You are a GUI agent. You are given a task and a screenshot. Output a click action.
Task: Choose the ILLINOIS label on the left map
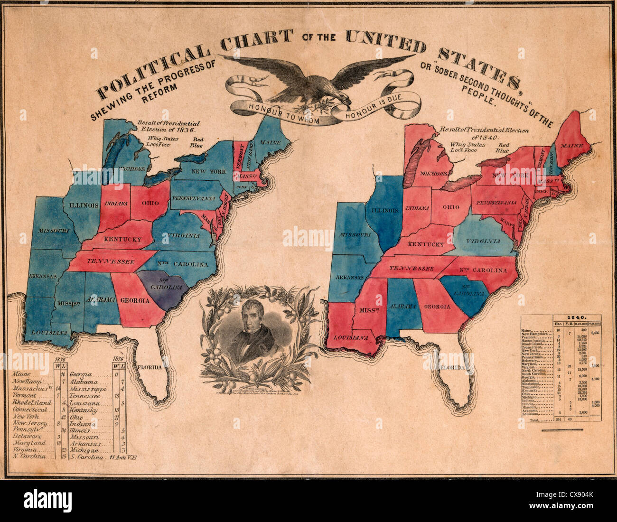[x=83, y=205]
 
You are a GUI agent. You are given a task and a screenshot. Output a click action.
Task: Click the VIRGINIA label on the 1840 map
[x=483, y=241]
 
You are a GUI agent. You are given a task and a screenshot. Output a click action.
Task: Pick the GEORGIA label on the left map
[x=135, y=300]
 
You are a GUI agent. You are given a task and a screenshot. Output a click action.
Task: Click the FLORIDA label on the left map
[x=150, y=367]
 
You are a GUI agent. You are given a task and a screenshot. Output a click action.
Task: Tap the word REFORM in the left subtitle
[x=157, y=89]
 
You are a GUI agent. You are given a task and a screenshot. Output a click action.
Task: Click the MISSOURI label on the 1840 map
[x=354, y=235]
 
